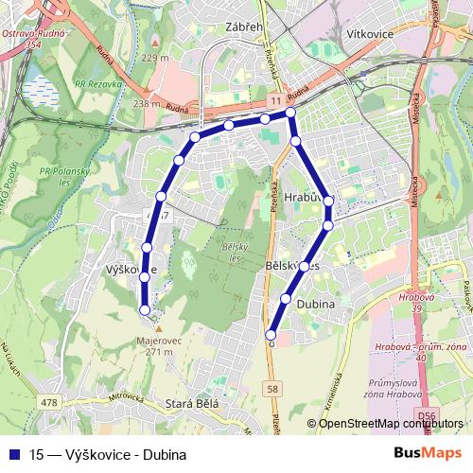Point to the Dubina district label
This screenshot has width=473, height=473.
point(316,306)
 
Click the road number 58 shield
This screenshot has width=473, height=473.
point(273,389)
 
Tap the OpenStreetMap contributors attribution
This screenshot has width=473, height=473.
point(387,423)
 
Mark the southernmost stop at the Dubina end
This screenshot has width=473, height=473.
point(271,334)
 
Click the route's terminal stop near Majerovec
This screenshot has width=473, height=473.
point(145,309)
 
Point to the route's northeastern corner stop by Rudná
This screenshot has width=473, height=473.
point(290,114)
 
